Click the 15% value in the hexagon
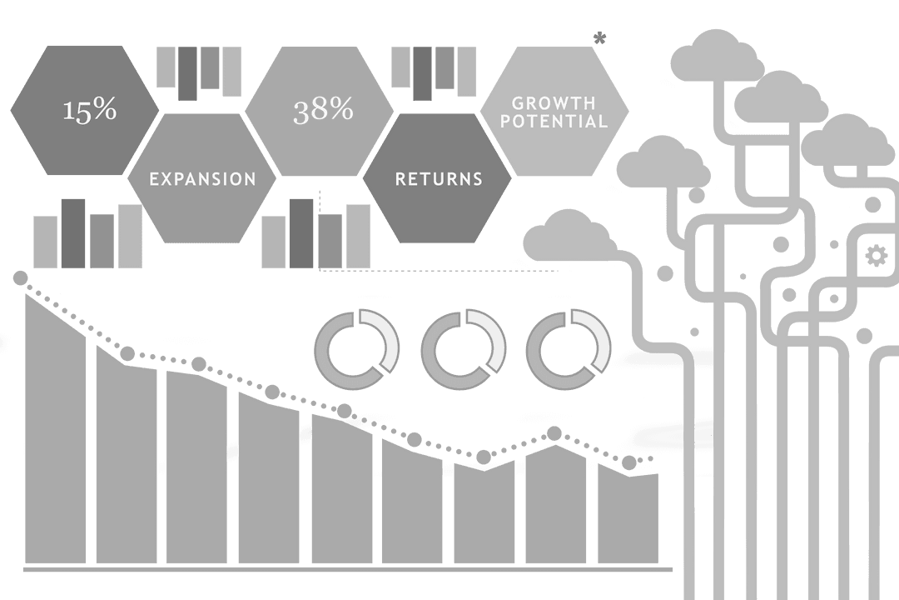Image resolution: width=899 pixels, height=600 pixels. point(90,110)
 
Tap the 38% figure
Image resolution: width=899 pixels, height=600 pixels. point(323,110)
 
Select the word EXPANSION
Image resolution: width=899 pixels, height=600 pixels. point(202,179)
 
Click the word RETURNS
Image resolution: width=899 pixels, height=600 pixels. point(439,179)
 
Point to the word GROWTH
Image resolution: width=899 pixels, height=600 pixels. point(554,103)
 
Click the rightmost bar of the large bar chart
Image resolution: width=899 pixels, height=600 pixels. point(628,517)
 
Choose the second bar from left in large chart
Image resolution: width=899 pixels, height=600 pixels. point(126,458)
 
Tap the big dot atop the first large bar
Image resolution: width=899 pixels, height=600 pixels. point(21,277)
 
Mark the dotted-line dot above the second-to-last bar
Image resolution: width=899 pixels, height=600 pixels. point(554,433)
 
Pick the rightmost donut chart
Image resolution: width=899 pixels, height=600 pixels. point(569,349)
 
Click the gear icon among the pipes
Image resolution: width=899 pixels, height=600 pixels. point(877,255)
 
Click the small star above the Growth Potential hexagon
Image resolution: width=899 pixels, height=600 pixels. point(599,37)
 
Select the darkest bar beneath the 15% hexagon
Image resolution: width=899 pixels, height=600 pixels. point(73,233)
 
